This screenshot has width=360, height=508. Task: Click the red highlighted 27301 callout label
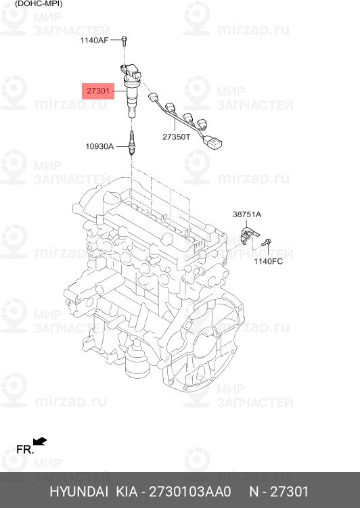point(98,91)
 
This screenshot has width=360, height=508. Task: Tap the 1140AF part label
point(95,41)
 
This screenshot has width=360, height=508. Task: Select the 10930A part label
point(99,146)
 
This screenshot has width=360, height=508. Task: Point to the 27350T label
point(176,137)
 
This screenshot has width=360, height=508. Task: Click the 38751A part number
point(247,214)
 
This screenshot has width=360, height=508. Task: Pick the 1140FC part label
point(268,261)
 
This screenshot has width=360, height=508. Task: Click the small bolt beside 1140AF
point(125,41)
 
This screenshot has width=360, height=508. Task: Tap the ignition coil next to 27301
point(131,90)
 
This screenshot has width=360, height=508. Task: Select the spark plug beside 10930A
point(131,143)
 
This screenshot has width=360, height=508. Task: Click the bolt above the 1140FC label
point(267,242)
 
